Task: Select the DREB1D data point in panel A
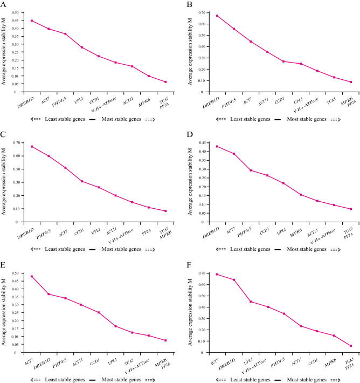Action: click(x=32, y=20)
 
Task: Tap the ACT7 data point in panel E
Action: click(x=32, y=276)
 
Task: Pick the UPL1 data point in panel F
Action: click(x=251, y=302)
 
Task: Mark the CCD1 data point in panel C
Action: click(x=82, y=181)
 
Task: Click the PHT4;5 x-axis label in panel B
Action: click(x=226, y=98)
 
